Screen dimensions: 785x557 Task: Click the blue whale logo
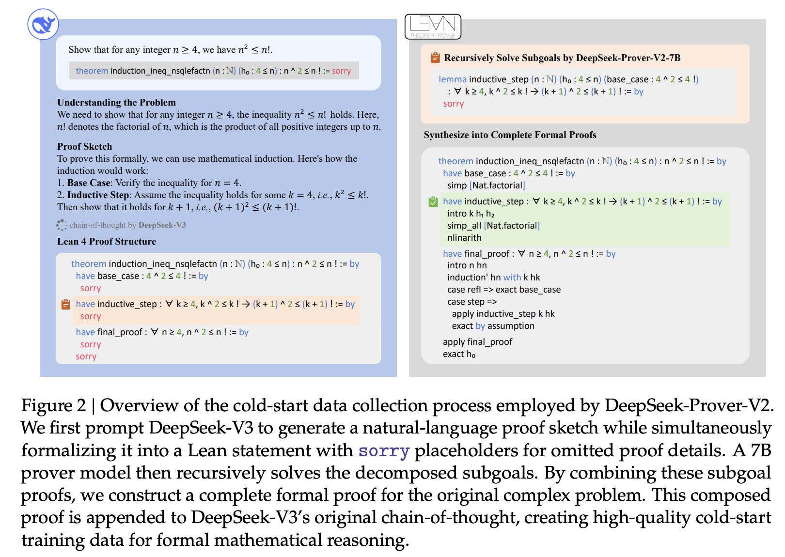coord(43,24)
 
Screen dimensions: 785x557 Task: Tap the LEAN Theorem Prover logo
coord(433,27)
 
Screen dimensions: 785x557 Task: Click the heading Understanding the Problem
coord(117,102)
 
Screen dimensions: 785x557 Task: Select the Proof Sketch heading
coord(85,146)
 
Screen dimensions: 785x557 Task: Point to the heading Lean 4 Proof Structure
coord(107,241)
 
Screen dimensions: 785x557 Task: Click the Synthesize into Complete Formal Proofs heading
coord(510,135)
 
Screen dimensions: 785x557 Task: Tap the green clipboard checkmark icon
coord(433,201)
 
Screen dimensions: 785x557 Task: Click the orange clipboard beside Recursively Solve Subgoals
coord(435,58)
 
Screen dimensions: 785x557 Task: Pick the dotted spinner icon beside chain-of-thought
coord(62,225)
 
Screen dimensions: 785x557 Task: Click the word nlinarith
coord(464,237)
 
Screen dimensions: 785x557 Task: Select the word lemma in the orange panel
coord(453,79)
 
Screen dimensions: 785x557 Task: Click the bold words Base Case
coord(89,183)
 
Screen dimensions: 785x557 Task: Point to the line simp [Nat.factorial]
coord(486,186)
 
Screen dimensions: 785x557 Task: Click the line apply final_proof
coord(477,342)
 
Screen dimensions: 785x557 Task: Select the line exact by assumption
coord(493,326)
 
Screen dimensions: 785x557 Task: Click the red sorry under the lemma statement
coord(454,104)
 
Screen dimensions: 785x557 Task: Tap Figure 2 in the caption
coord(54,406)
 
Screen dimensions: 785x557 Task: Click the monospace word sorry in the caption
coord(384,451)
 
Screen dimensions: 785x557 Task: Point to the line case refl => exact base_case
coord(504,290)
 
